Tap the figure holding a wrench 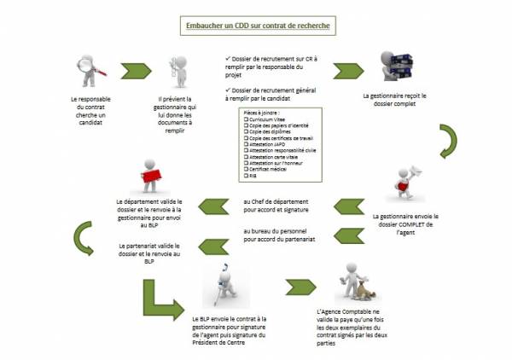pyautogui.click(x=178, y=73)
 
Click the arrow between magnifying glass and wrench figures pyautogui.click(x=135, y=72)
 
